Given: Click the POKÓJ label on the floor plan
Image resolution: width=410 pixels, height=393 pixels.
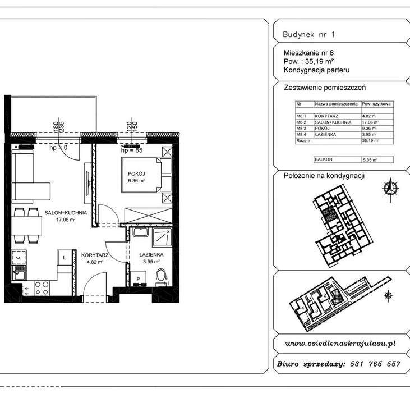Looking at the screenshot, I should point(136,174).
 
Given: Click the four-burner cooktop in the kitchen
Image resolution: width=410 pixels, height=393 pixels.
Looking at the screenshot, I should point(41,288).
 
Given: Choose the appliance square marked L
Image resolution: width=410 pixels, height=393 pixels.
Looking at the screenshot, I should point(65,257).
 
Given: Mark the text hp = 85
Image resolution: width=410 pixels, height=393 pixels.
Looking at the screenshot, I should point(131,150).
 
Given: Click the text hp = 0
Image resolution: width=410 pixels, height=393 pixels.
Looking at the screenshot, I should point(58,148).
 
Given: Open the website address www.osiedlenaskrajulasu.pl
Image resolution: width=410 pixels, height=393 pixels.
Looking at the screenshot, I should point(341,342).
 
